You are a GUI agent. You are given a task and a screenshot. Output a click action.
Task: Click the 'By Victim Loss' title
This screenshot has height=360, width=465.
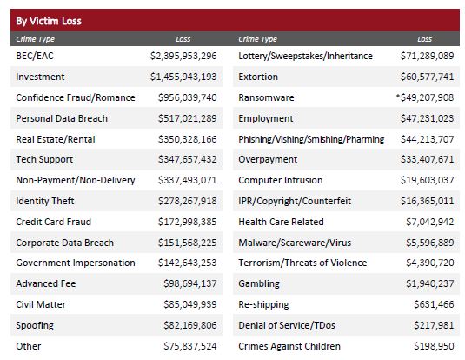49,21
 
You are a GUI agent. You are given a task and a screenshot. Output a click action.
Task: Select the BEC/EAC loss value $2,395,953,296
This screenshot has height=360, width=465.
183,56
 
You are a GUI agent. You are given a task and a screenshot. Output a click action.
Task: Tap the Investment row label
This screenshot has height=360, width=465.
40,77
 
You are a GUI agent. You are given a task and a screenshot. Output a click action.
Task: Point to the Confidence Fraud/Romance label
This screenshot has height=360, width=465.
76,97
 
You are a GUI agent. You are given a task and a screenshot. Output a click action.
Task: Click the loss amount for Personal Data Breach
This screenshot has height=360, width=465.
187,118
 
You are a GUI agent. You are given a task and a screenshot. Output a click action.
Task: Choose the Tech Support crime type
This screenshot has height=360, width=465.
44,159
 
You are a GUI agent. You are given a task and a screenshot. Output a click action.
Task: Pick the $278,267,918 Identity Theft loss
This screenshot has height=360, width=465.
187,201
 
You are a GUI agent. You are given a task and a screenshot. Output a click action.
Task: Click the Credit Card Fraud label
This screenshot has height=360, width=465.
53,222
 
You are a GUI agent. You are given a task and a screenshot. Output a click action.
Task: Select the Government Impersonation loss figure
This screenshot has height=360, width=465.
187,263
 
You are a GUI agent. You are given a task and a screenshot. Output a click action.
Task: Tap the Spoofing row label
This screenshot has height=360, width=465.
35,325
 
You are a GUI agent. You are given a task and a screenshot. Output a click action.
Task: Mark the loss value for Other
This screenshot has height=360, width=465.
190,346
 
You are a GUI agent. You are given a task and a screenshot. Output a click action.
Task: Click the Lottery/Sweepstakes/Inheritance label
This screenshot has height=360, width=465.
305,56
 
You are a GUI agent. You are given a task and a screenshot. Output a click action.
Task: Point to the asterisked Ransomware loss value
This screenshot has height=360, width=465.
425,97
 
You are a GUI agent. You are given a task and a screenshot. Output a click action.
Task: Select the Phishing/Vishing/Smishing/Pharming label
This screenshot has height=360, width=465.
311,139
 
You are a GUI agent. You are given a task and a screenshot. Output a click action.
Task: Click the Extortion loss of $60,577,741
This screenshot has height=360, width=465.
427,77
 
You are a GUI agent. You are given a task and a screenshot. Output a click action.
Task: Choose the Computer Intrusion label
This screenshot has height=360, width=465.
280,180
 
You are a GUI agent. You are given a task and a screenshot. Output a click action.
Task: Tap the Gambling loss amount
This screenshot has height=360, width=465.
430,283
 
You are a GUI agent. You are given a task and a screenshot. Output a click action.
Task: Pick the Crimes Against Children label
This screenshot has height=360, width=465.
289,346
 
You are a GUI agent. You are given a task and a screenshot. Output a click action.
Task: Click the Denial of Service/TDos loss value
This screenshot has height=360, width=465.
434,325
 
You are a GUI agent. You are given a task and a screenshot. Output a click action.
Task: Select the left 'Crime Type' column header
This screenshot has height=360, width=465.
36,39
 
